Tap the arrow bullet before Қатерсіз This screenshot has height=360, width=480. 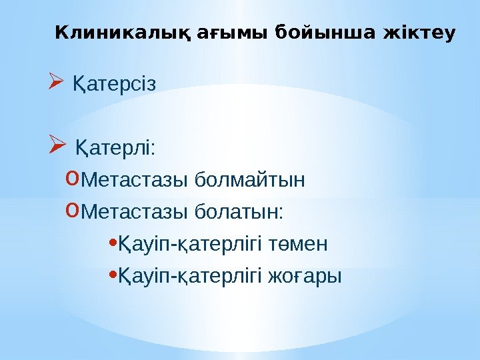[55, 84]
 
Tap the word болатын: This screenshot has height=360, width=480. [239, 212]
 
